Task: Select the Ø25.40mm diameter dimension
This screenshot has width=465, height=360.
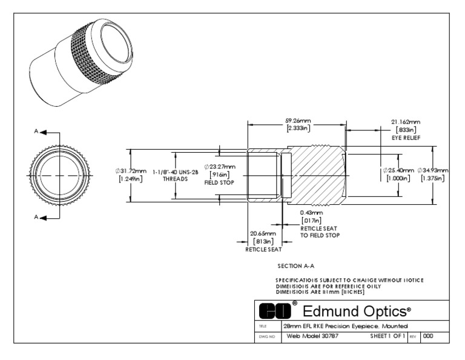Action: [x=398, y=170]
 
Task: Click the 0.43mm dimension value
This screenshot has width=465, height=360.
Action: [x=311, y=213]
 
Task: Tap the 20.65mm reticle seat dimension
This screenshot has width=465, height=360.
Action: [x=263, y=233]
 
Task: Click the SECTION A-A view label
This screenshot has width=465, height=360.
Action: [x=295, y=265]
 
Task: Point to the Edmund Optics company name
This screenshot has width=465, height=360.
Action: [x=356, y=311]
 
